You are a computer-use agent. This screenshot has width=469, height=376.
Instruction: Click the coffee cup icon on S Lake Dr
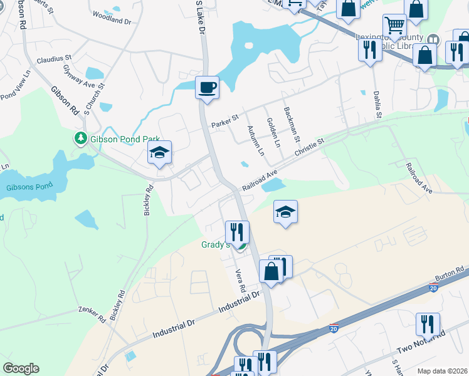[206, 88]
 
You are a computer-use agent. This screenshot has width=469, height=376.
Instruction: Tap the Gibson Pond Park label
[125, 138]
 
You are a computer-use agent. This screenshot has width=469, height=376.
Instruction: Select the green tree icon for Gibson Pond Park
[80, 138]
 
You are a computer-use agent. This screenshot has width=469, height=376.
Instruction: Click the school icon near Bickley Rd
[159, 152]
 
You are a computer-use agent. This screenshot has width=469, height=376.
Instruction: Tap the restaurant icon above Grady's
[238, 232]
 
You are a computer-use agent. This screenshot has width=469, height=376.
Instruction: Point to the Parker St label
[226, 118]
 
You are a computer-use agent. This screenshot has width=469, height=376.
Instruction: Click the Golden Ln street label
[273, 132]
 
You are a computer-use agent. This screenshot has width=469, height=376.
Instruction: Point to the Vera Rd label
[239, 281]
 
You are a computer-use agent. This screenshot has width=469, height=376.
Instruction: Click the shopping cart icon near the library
[394, 26]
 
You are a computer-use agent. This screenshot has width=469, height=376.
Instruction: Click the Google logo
[21, 368]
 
